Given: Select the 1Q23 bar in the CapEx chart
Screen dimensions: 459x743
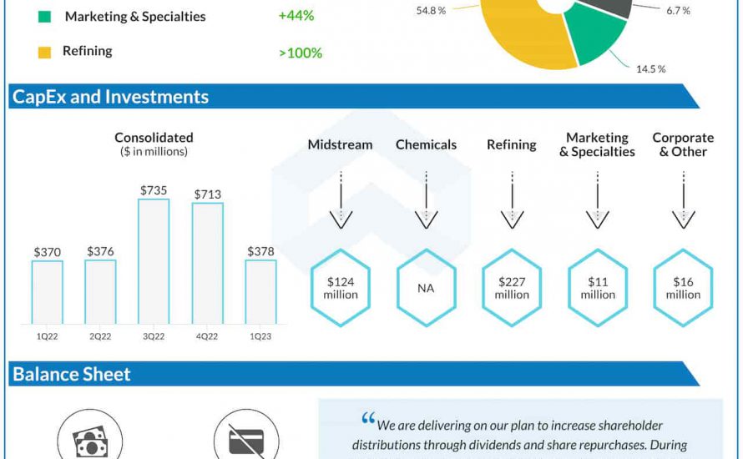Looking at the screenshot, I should pyautogui.click(x=260, y=291).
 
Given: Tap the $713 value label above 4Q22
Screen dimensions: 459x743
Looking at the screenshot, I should pyautogui.click(x=207, y=194).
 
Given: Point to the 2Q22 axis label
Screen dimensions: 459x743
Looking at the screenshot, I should pyautogui.click(x=100, y=335).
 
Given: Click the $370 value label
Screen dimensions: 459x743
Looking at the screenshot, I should pyautogui.click(x=48, y=251).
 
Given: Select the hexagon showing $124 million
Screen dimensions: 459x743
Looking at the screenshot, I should pyautogui.click(x=341, y=288).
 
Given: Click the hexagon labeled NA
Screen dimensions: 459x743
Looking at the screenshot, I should pyautogui.click(x=427, y=288).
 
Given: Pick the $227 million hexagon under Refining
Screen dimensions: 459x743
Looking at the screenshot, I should pyautogui.click(x=512, y=288).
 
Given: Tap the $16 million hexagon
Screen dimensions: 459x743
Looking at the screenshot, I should pyautogui.click(x=683, y=288).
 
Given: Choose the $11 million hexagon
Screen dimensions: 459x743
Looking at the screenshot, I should pyautogui.click(x=598, y=288).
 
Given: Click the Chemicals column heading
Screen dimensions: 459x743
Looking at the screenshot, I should pyautogui.click(x=427, y=144).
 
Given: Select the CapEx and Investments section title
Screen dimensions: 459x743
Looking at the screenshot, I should pyautogui.click(x=110, y=97).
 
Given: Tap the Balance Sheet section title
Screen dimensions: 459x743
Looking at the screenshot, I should pyautogui.click(x=72, y=374).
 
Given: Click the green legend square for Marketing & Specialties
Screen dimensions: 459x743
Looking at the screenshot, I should pyautogui.click(x=45, y=17).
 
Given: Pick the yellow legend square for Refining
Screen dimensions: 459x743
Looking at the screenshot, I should pyautogui.click(x=45, y=52).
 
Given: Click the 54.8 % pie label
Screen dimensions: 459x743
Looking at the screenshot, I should pyautogui.click(x=431, y=12).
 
